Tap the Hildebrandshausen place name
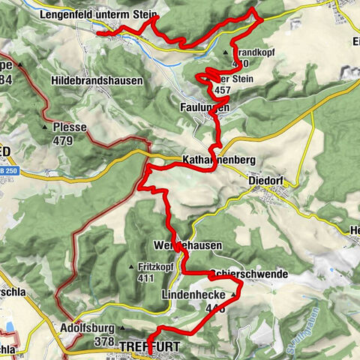(x=97, y=80)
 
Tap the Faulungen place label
(x=204, y=108)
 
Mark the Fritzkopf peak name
(x=155, y=266)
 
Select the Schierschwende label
(x=250, y=275)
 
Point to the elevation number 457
(x=222, y=90)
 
